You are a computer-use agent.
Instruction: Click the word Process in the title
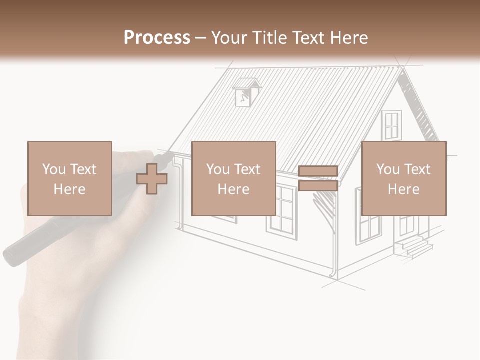(x=157, y=38)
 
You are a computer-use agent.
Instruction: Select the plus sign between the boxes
(x=152, y=179)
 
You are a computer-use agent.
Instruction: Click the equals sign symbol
(x=318, y=179)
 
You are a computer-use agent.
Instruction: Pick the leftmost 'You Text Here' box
(x=70, y=179)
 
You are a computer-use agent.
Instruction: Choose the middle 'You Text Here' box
(x=234, y=179)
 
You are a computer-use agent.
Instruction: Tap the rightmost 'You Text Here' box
(x=404, y=179)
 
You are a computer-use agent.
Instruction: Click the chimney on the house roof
(x=246, y=92)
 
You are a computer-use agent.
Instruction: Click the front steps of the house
(x=413, y=246)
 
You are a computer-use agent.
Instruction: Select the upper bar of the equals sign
(x=318, y=171)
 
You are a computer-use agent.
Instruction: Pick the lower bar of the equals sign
(x=318, y=186)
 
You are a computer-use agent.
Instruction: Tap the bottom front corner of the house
(x=337, y=278)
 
